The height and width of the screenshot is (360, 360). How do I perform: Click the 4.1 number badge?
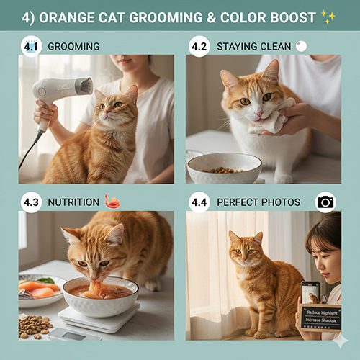pyautogui.click(x=31, y=46)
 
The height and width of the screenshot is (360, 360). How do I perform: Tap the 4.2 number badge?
pyautogui.click(x=199, y=46)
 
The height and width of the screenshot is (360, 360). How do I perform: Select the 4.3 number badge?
pyautogui.click(x=31, y=202)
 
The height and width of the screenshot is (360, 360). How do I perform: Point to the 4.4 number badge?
pyautogui.click(x=199, y=202)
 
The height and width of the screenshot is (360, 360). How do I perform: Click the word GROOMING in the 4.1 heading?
pyautogui.click(x=73, y=47)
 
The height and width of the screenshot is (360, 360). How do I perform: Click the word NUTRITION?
pyautogui.click(x=73, y=202)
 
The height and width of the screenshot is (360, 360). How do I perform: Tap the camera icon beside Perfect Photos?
pyautogui.click(x=325, y=202)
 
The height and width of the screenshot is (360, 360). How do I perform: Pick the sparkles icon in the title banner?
pyautogui.click(x=328, y=17)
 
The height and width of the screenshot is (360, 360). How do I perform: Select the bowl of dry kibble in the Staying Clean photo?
pyautogui.click(x=224, y=168)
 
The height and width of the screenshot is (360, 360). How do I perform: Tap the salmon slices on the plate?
pyautogui.click(x=39, y=289)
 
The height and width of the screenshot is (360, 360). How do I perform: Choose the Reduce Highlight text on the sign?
pyautogui.click(x=322, y=312)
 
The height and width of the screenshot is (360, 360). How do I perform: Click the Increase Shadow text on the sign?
pyautogui.click(x=320, y=320)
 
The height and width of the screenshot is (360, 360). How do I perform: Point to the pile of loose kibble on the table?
pyautogui.click(x=35, y=326)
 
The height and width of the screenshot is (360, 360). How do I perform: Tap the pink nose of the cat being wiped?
pyautogui.click(x=259, y=113)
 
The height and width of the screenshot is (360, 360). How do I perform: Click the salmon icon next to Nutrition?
pyautogui.click(x=112, y=201)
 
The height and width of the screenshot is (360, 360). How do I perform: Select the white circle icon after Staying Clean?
pyautogui.click(x=301, y=46)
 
